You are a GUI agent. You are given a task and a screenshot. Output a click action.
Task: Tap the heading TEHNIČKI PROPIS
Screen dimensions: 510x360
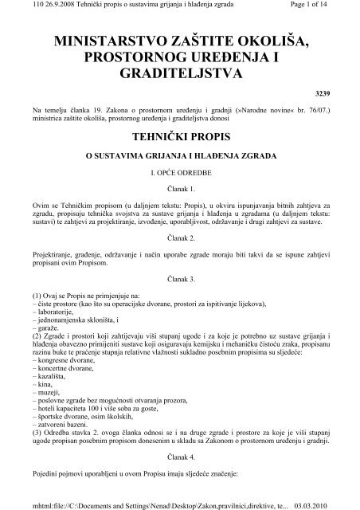click(179, 135)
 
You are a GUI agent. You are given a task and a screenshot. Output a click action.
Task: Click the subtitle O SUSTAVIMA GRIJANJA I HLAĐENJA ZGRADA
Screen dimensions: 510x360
click(179, 155)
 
